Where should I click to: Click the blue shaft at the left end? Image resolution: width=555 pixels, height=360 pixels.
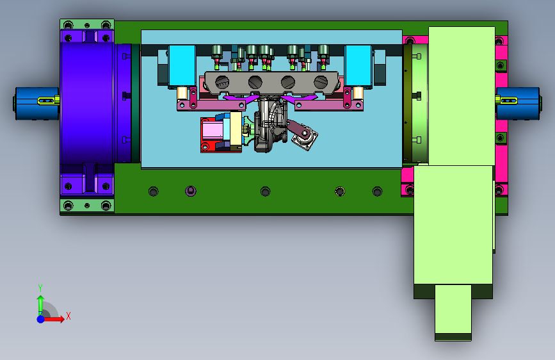36,104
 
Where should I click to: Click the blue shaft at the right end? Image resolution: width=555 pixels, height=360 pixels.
519,104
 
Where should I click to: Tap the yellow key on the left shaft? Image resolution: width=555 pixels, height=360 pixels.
49,101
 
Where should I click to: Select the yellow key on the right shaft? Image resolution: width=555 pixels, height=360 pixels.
506,101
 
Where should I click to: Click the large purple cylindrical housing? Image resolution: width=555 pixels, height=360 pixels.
87,102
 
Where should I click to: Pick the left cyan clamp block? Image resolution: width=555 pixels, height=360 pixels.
182,66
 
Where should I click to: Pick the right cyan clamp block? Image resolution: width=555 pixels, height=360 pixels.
358,66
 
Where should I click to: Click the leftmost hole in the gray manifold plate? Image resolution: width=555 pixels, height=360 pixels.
222,82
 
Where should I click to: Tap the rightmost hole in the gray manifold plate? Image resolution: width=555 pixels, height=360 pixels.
321,82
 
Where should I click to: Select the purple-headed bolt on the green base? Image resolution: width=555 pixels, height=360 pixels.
190,192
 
